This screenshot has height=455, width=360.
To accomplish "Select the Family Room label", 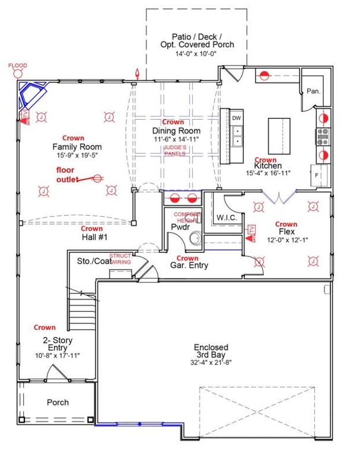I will point(77,147).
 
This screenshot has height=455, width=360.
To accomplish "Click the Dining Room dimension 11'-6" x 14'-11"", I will point(176,139).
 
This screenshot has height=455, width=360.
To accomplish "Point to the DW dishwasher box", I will point(237,118).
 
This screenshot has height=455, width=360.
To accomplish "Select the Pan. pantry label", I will point(313,92).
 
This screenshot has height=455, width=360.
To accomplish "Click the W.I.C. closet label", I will point(227,218).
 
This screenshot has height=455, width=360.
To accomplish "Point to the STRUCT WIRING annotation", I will point(120,258).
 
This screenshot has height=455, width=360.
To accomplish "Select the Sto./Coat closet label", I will point(95,261).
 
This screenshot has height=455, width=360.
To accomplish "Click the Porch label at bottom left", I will point(58,402).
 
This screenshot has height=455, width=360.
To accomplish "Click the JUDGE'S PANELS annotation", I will point(176,150).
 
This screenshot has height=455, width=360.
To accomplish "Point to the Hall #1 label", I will point(92,236).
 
